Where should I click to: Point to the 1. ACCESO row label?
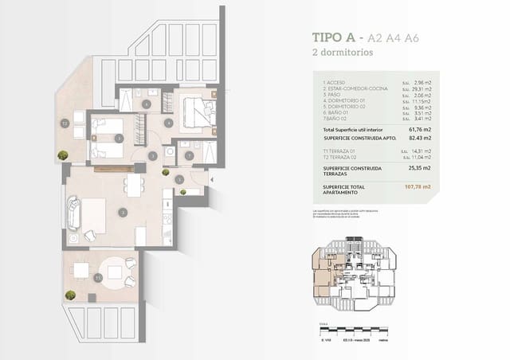[335, 82]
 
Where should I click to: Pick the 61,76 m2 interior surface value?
[419, 129]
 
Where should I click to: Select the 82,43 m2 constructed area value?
[419, 138]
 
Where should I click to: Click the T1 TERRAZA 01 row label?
[339, 151]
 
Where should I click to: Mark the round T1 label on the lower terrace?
[98, 278]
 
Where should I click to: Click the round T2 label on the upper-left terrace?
[65, 123]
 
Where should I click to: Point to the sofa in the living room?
[74, 213]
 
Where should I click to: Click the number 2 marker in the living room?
[122, 212]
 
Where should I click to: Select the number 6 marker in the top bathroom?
[146, 104]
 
